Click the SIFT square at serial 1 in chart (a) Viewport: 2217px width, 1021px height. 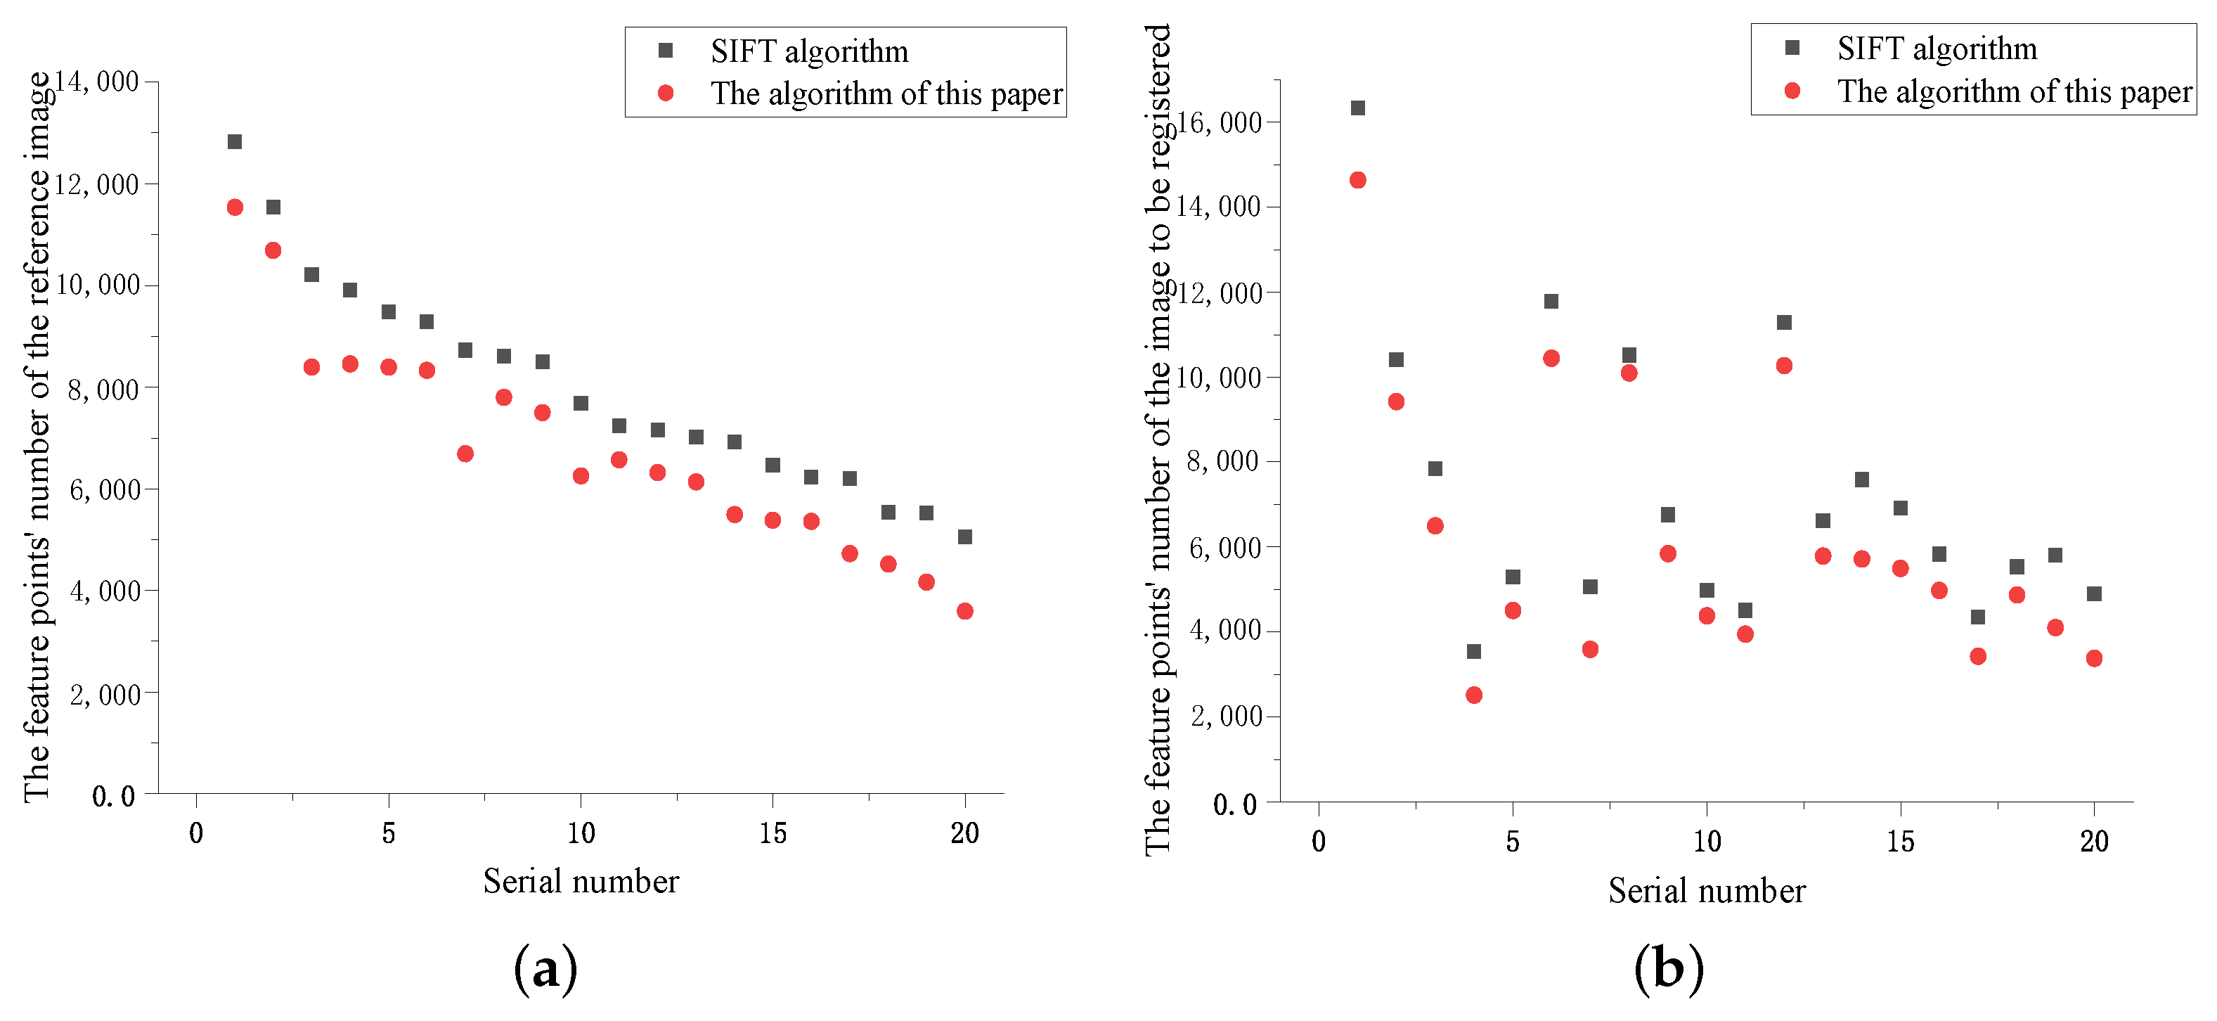coord(234,141)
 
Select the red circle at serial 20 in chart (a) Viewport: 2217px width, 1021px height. coord(965,611)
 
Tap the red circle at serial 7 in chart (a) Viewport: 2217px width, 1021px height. coord(465,454)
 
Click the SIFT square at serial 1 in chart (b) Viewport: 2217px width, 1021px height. coord(1357,108)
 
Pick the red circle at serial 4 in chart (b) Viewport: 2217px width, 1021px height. coord(1473,695)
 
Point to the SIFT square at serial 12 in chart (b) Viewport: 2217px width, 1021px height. coord(1784,322)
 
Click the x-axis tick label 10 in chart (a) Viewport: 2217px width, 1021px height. coord(581,833)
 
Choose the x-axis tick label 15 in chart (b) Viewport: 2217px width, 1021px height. coord(1900,842)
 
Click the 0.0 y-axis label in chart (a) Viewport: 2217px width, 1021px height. coord(114,796)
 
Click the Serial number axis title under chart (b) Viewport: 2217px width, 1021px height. coord(1707,891)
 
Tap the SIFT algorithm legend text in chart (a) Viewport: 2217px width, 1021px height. coord(809,51)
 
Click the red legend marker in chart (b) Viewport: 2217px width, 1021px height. coord(1792,91)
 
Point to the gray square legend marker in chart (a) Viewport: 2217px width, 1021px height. coord(665,51)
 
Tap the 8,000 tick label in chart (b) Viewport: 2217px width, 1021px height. coord(1223,461)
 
